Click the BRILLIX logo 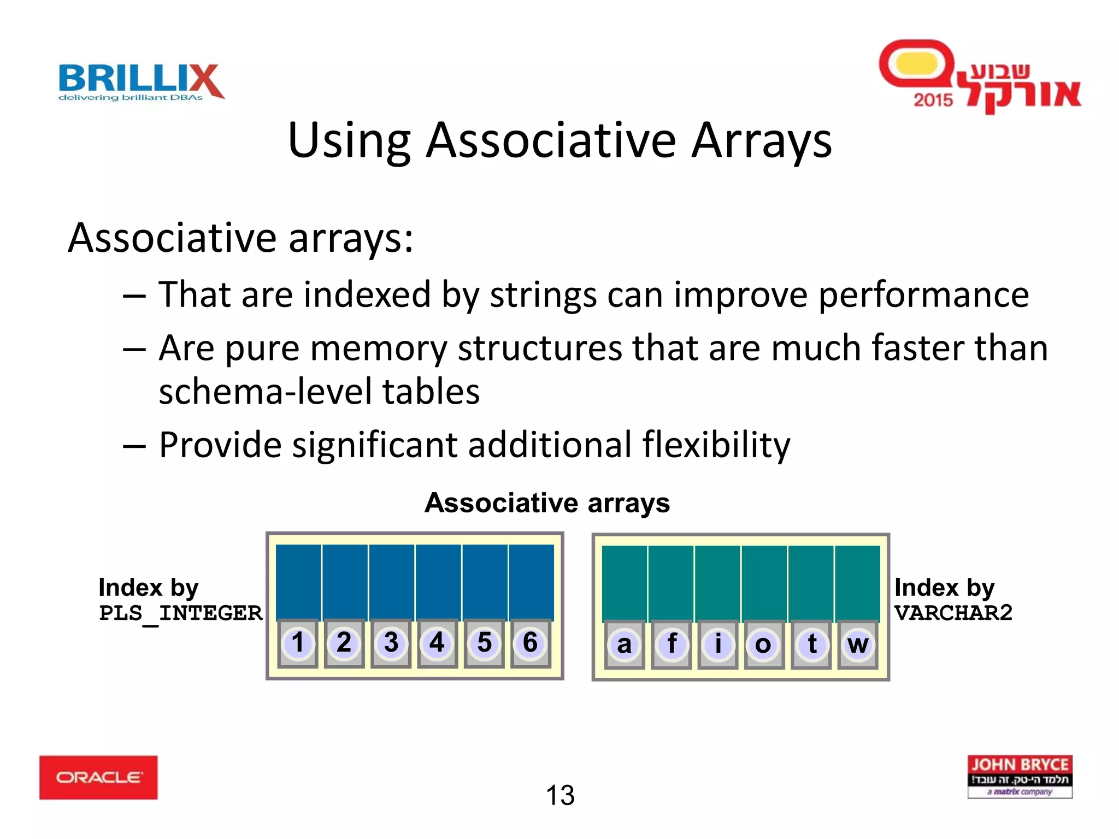pos(141,82)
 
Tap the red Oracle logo pos(98,777)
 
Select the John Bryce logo pos(1020,776)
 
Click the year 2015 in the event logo pos(933,100)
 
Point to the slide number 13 pos(560,795)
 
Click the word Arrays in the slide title pos(761,141)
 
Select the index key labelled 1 pos(298,643)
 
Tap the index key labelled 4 pos(437,643)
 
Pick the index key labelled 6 pos(530,643)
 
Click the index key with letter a pos(624,645)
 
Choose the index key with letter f pos(672,645)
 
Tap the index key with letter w pos(858,645)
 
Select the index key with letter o pos(763,645)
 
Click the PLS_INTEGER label pos(180,613)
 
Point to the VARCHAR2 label pos(953,613)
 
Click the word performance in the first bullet pos(923,296)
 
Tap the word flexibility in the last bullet pos(716,445)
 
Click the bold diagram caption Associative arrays pos(547,503)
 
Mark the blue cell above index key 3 pos(391,582)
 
